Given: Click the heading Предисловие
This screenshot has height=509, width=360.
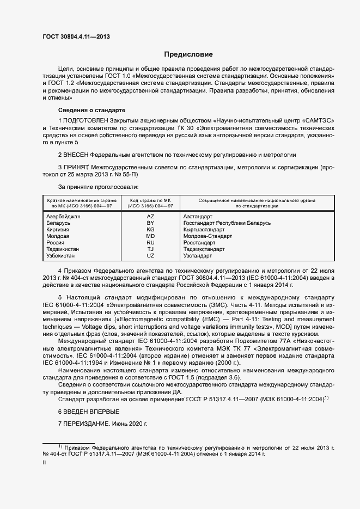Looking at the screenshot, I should [x=188, y=54].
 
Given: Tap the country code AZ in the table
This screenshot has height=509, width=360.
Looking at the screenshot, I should [x=150, y=217].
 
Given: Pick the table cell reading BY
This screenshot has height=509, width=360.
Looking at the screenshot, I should [x=150, y=223].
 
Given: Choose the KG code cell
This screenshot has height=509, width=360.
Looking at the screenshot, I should [x=150, y=230].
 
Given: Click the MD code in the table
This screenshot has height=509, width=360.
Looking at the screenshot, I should [x=150, y=236].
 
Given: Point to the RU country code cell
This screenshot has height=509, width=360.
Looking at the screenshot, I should [x=150, y=243].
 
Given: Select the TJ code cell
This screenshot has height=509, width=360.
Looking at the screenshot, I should [x=150, y=249].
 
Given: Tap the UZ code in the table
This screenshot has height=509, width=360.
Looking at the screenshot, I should [x=150, y=256].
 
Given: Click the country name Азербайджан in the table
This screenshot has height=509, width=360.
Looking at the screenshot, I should [x=64, y=217].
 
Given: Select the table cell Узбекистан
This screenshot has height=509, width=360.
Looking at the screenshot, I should [x=62, y=256].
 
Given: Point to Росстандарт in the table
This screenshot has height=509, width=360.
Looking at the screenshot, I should [x=200, y=243].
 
